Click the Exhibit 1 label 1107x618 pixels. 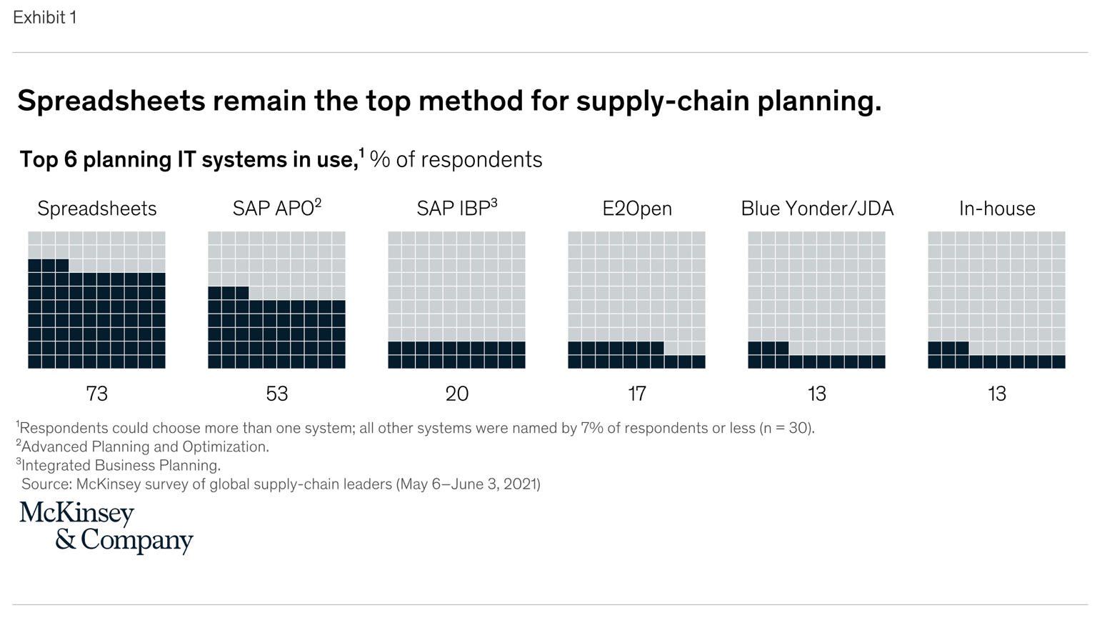[44, 18]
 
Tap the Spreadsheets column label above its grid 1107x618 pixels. [96, 209]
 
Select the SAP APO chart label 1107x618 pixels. [276, 209]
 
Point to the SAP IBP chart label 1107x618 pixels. [456, 209]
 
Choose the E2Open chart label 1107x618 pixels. [636, 209]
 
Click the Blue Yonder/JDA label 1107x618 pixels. [816, 209]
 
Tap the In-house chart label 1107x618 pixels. [996, 209]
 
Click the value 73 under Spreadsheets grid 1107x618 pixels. [96, 394]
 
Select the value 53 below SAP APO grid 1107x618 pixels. [276, 394]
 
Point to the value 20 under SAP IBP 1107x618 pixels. [456, 394]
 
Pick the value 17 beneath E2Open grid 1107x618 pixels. [636, 394]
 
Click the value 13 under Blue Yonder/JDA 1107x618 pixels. [816, 394]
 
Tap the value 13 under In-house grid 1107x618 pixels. [996, 394]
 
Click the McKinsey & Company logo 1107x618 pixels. [106, 527]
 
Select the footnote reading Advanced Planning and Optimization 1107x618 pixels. [143, 447]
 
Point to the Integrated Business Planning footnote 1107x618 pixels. [119, 466]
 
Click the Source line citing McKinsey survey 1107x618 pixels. [280, 484]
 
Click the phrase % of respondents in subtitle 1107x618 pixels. [456, 159]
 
